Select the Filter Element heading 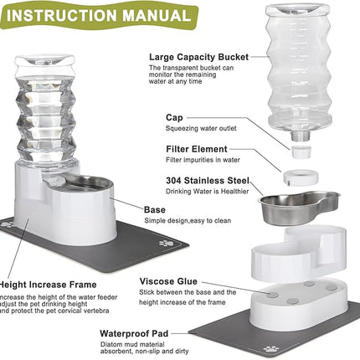179,148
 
